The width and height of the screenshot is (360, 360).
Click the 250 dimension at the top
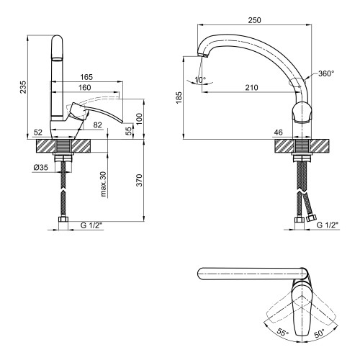(254, 20)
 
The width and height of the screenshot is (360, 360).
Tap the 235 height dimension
(23, 87)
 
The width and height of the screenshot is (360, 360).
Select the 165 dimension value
(86, 77)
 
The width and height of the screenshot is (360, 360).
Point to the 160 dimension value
(85, 88)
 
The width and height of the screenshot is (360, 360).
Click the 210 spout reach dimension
(251, 88)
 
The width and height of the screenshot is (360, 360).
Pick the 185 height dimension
(179, 97)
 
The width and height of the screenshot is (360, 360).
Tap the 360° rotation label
(326, 73)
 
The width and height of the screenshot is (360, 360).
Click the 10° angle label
(200, 79)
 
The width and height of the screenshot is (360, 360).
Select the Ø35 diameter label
(41, 167)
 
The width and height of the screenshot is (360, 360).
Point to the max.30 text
(104, 184)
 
